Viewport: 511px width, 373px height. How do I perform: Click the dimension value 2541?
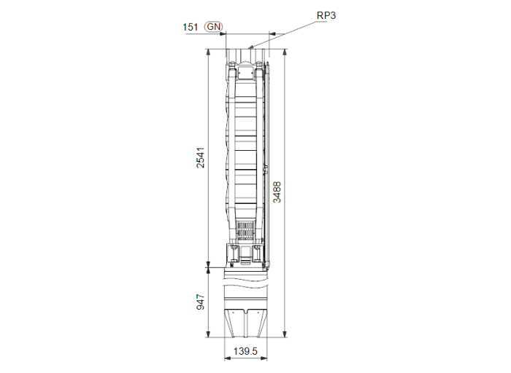(x=200, y=157)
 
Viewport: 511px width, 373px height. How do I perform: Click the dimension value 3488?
(x=277, y=192)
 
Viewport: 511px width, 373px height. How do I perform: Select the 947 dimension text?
(x=200, y=302)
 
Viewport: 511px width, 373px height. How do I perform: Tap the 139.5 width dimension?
(x=246, y=351)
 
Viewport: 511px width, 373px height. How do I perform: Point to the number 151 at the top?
(x=191, y=27)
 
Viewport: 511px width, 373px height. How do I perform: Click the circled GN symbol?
(x=213, y=27)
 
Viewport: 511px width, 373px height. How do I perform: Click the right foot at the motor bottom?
(x=256, y=321)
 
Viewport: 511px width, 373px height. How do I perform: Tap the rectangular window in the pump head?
(x=246, y=73)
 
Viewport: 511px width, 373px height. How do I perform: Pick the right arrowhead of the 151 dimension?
(x=269, y=34)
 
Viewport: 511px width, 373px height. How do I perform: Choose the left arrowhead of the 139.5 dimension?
(x=226, y=358)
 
